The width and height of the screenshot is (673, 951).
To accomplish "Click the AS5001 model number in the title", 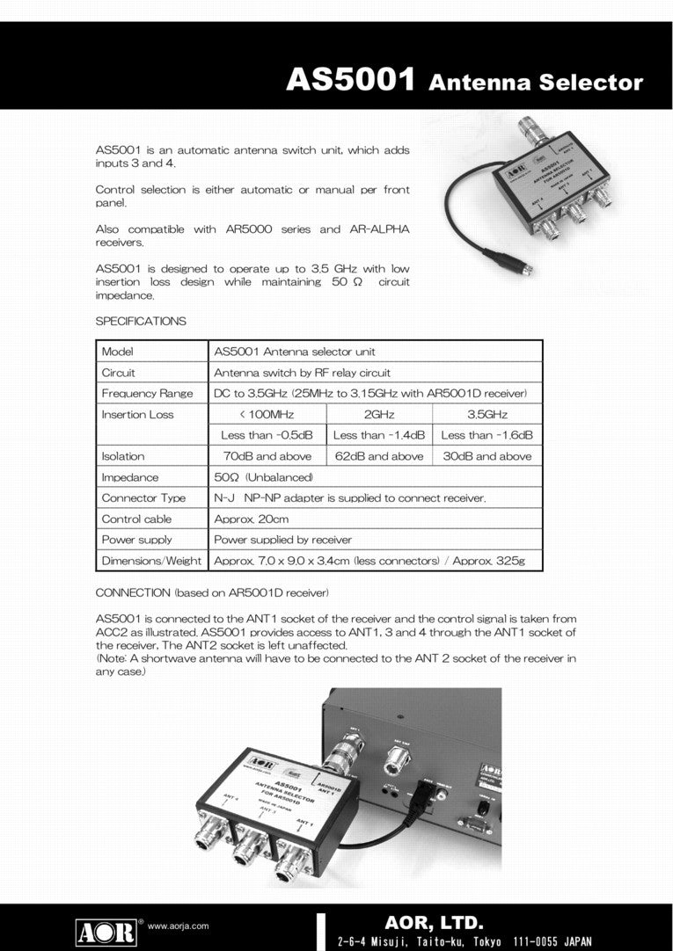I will click(351, 81).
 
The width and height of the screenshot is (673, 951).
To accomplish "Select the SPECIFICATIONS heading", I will click(141, 322).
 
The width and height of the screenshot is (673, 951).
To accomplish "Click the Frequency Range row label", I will click(147, 393).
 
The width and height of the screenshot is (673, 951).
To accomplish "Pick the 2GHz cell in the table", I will click(378, 414).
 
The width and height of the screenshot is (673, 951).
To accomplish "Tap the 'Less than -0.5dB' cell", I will click(267, 435).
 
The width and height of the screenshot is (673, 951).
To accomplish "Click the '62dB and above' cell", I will click(378, 456).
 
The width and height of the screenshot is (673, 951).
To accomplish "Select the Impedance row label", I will click(130, 477).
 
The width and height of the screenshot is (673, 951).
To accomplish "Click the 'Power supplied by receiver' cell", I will click(281, 540).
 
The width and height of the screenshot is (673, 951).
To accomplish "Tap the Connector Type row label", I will click(143, 498).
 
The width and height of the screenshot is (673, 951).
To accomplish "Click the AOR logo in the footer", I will click(106, 930).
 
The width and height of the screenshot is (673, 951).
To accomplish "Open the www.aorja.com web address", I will click(178, 926).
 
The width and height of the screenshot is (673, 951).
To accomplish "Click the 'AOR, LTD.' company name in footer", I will click(434, 923).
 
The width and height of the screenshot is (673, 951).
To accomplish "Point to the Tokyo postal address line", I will click(465, 941).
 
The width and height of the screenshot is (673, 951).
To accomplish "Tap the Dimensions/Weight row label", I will click(151, 561).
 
